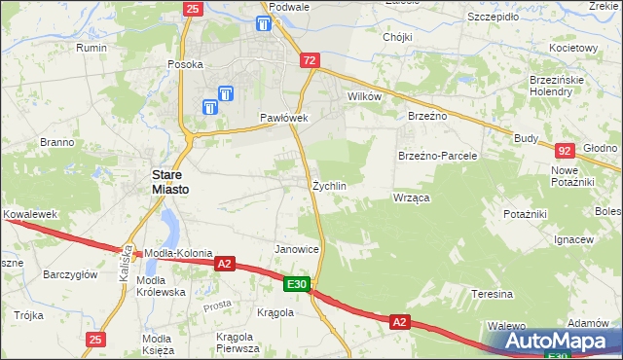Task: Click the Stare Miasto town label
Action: tap(168, 181)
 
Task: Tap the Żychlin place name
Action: tap(329, 185)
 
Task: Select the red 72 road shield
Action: tap(310, 60)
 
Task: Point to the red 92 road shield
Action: tap(566, 151)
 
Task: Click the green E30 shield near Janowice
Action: tap(297, 284)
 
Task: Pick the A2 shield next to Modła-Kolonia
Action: tap(225, 263)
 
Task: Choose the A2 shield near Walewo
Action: tap(399, 320)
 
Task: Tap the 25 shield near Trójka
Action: tap(94, 339)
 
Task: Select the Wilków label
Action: tap(363, 97)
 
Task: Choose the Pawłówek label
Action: tap(283, 118)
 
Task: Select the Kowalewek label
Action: tap(30, 212)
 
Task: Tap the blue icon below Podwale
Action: tap(265, 24)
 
